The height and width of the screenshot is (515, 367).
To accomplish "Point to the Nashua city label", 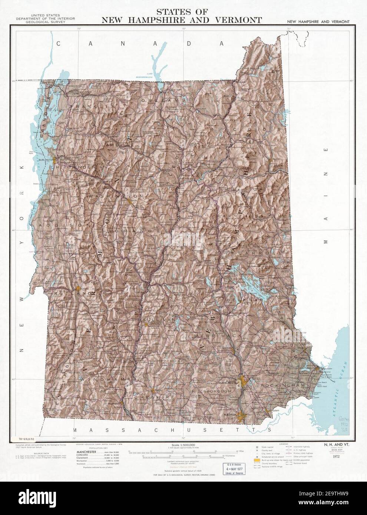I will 228,415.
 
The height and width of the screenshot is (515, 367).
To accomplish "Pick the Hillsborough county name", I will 212,391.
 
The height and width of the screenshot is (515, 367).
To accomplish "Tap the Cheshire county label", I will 154,398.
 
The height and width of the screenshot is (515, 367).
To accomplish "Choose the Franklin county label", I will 87,107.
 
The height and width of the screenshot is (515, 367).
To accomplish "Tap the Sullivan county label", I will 159,319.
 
